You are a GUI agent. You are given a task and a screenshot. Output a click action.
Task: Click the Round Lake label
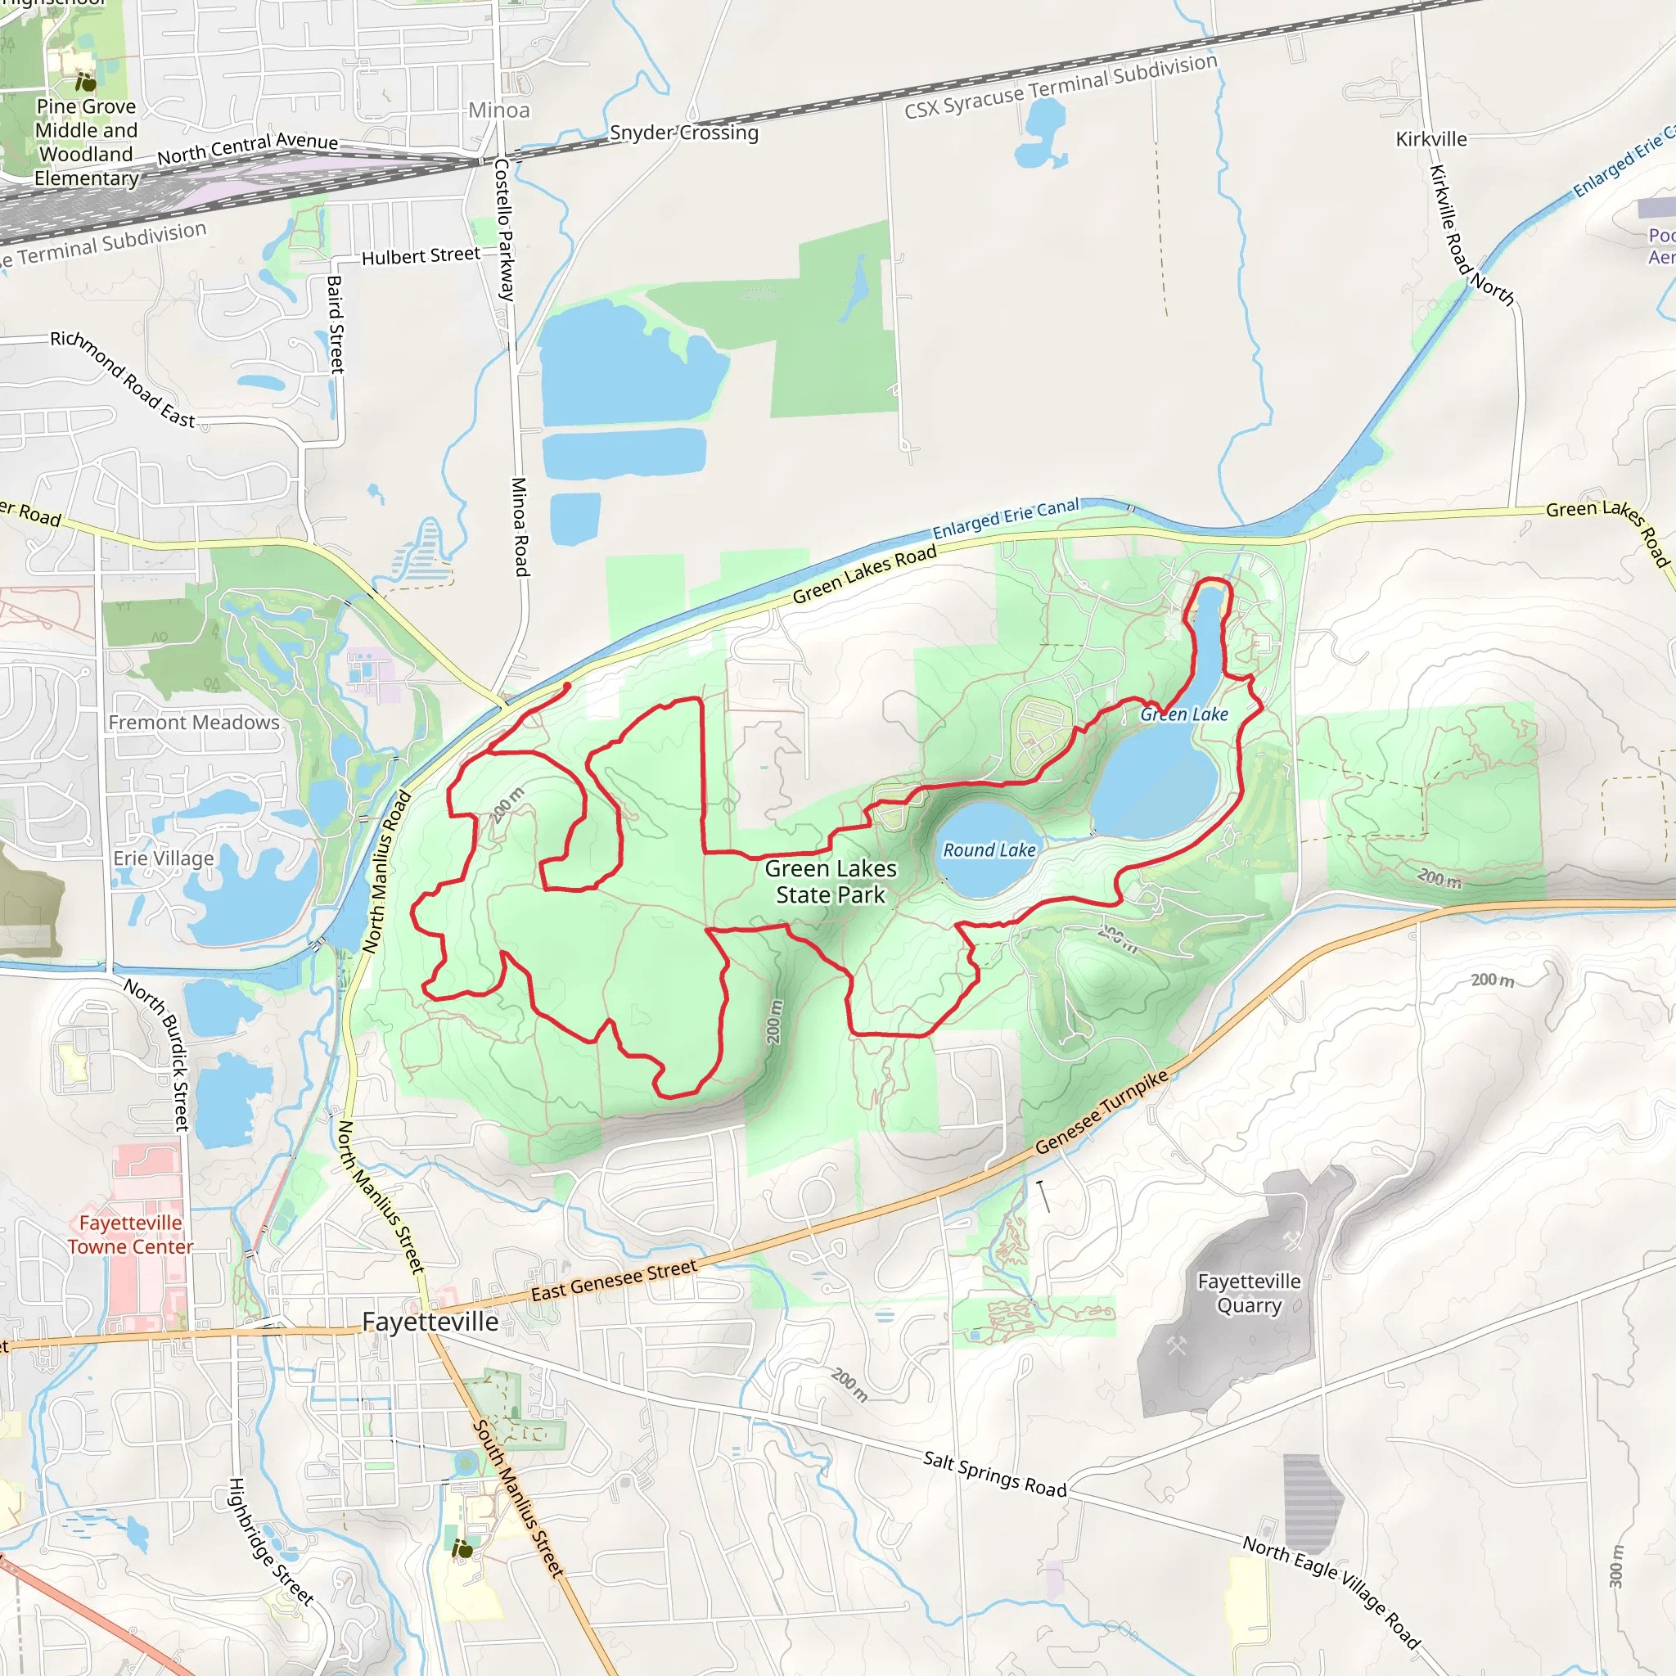(x=989, y=850)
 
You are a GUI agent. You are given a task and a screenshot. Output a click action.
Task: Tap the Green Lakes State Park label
(x=830, y=881)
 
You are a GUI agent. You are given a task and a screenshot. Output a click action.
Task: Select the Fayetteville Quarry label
(x=1248, y=1294)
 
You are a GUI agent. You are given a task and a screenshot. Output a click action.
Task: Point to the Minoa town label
(x=499, y=110)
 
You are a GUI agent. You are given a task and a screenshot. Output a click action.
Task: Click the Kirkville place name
(x=1431, y=139)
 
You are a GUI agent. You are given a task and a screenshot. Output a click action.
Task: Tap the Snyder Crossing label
(x=683, y=133)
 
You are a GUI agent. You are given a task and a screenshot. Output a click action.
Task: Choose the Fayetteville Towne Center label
(x=131, y=1234)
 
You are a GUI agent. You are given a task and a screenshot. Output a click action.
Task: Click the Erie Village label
(x=163, y=858)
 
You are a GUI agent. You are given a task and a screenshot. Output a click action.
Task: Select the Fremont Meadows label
(x=193, y=723)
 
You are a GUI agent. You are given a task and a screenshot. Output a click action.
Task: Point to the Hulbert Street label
(x=421, y=256)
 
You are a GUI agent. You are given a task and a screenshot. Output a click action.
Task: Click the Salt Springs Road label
(x=994, y=1473)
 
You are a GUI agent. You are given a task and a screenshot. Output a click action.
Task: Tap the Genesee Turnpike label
(x=1102, y=1112)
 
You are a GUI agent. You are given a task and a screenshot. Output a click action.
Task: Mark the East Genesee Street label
(x=613, y=1281)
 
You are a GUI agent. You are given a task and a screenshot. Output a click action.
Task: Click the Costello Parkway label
(x=504, y=229)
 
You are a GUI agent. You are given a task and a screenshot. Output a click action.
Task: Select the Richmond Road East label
(x=122, y=378)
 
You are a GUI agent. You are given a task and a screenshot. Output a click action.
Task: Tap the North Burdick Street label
(x=156, y=1054)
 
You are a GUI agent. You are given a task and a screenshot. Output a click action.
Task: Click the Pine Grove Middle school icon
(x=85, y=83)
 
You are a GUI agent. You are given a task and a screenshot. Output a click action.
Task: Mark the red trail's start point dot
(x=567, y=686)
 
